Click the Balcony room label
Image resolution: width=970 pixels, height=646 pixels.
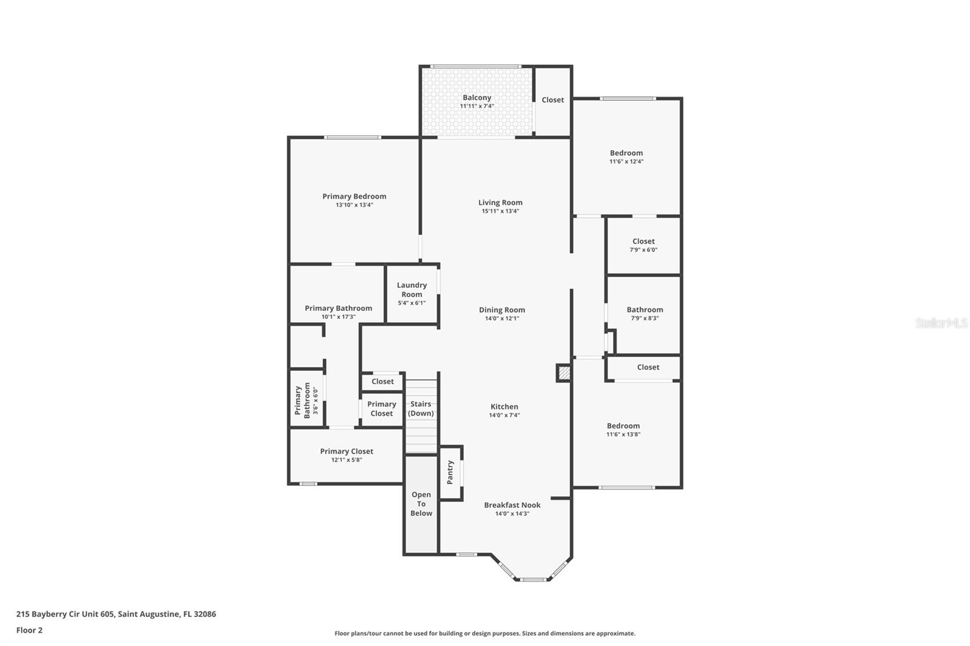tap(477, 98)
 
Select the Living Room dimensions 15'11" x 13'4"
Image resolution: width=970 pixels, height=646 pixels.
tap(500, 211)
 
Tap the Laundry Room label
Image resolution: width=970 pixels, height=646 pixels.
tap(412, 290)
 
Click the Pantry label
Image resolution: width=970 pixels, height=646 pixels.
tap(450, 472)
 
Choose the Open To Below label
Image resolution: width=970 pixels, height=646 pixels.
tap(421, 504)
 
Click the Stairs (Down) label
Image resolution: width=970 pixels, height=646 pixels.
tap(421, 408)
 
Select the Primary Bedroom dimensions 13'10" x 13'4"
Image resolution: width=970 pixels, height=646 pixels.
tap(354, 205)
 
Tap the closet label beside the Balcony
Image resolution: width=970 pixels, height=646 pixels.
tap(552, 100)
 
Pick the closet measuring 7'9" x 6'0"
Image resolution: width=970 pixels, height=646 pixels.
tap(643, 245)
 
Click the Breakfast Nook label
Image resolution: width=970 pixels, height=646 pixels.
tap(512, 505)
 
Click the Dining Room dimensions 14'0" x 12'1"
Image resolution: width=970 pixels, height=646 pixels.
tap(502, 319)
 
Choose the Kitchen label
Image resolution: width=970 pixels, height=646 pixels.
tap(504, 407)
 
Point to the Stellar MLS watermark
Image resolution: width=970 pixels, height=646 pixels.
tap(941, 323)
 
